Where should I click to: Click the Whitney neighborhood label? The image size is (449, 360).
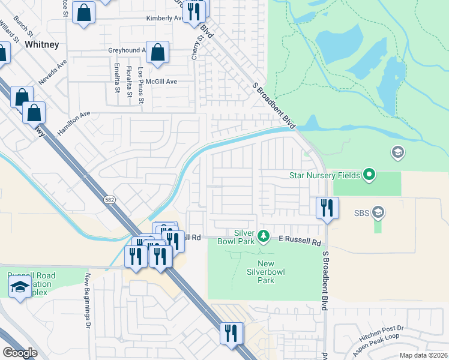41,44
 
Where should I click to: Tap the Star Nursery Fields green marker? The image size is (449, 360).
369,175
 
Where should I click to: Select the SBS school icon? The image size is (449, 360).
378,212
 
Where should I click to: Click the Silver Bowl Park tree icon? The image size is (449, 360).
263,237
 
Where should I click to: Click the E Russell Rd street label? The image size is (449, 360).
300,241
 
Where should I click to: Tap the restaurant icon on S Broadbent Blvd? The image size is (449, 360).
327,208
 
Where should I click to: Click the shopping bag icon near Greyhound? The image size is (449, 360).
157,53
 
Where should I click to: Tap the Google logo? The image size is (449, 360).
20,353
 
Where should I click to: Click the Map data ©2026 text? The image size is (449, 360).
423,355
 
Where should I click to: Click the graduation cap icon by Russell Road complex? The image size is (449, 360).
20,287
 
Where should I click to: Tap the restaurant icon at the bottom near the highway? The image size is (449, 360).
231,332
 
